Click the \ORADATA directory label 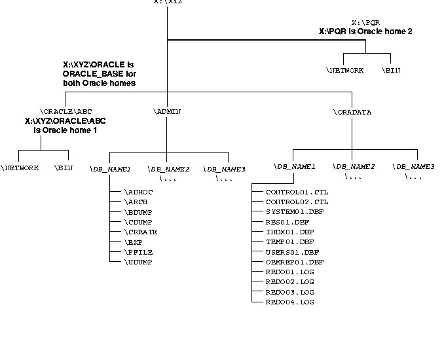coord(352,112)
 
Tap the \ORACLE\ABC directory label coord(64,112)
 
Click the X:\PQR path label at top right coord(365,22)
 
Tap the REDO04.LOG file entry coord(289,302)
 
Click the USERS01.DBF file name coord(292,252)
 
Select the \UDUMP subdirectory coord(138,262)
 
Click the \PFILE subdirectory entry coord(138,252)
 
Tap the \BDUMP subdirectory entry coord(138,212)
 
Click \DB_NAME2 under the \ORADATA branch coord(354,167)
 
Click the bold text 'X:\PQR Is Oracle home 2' coord(365,31)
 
